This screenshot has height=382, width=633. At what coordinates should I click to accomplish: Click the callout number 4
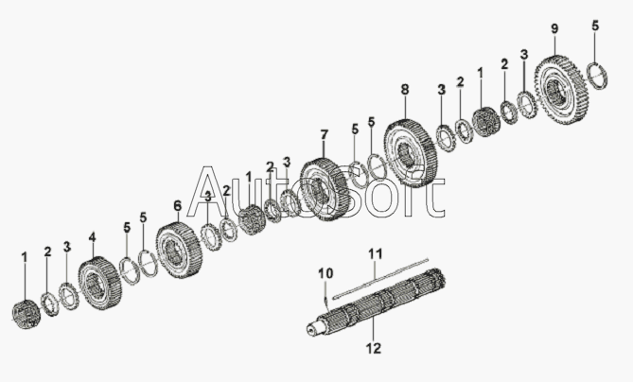coord(92,236)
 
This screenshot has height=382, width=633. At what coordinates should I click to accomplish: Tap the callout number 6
coord(177,204)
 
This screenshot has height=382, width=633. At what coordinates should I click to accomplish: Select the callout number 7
coord(324,135)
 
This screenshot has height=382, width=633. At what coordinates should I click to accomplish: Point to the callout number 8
coord(405,90)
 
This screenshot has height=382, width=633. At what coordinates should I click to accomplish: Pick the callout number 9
coord(554,29)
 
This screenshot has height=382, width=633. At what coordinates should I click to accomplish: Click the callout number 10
coord(325,273)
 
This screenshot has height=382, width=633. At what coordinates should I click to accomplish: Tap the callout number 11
coord(375,252)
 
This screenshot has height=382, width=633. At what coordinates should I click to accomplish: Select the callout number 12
coord(373,349)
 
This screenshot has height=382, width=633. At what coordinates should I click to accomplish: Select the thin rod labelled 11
coord(378,274)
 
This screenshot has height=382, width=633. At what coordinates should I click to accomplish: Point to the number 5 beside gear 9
coord(595,26)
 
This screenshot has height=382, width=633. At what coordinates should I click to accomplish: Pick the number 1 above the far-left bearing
coord(25,256)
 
